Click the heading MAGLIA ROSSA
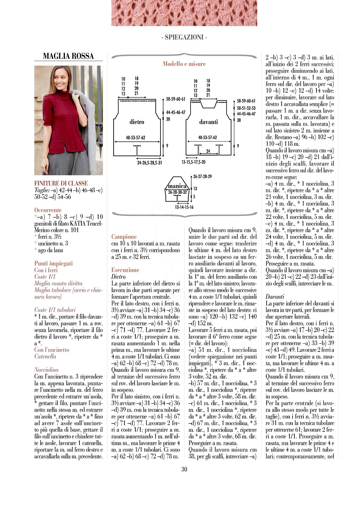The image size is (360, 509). [68, 56]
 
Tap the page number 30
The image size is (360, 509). [184, 469]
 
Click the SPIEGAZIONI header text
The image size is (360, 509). [184, 37]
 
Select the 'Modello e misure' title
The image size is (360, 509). [184, 64]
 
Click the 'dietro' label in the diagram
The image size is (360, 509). [136, 122]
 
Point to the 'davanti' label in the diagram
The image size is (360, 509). [208, 122]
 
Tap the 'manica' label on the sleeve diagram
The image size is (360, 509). [177, 186]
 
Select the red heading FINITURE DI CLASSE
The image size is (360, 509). [61, 183]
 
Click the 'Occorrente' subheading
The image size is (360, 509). [48, 210]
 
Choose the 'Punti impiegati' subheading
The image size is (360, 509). [53, 263]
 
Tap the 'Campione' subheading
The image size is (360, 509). [124, 237]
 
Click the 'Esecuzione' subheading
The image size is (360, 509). [125, 270]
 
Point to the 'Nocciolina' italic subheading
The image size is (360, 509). [46, 370]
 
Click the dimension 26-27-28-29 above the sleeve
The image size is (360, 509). [202, 177]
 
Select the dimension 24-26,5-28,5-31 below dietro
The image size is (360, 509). [150, 163]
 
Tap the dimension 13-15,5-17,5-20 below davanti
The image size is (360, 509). [193, 162]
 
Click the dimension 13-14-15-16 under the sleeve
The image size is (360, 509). [184, 207]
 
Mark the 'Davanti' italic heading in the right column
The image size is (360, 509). [275, 296]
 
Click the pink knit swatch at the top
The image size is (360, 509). [184, 13]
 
